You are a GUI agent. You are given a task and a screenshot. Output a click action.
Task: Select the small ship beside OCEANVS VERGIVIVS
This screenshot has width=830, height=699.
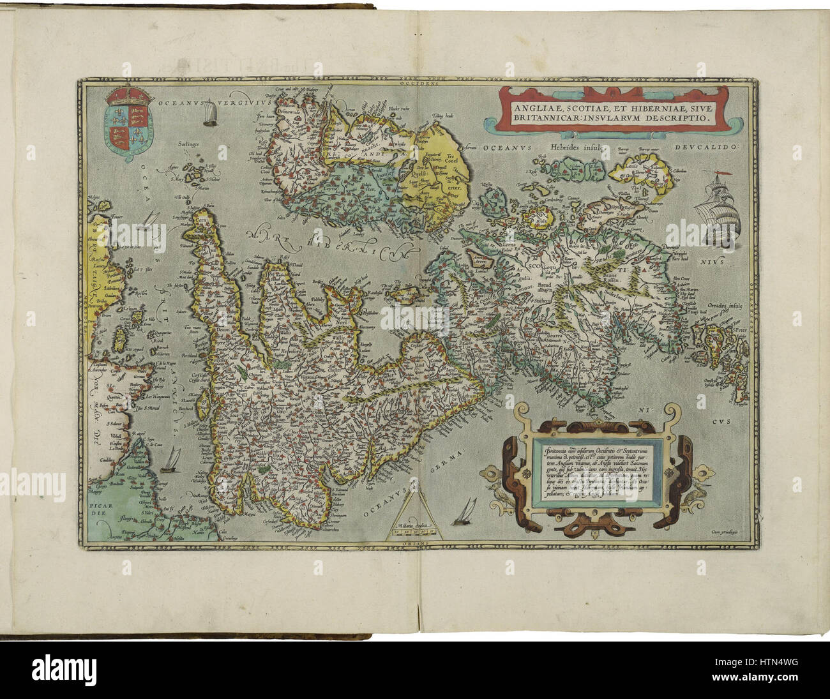[x=209, y=115]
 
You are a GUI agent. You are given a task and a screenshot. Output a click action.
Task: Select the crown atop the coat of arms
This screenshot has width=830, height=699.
[x=130, y=96]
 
